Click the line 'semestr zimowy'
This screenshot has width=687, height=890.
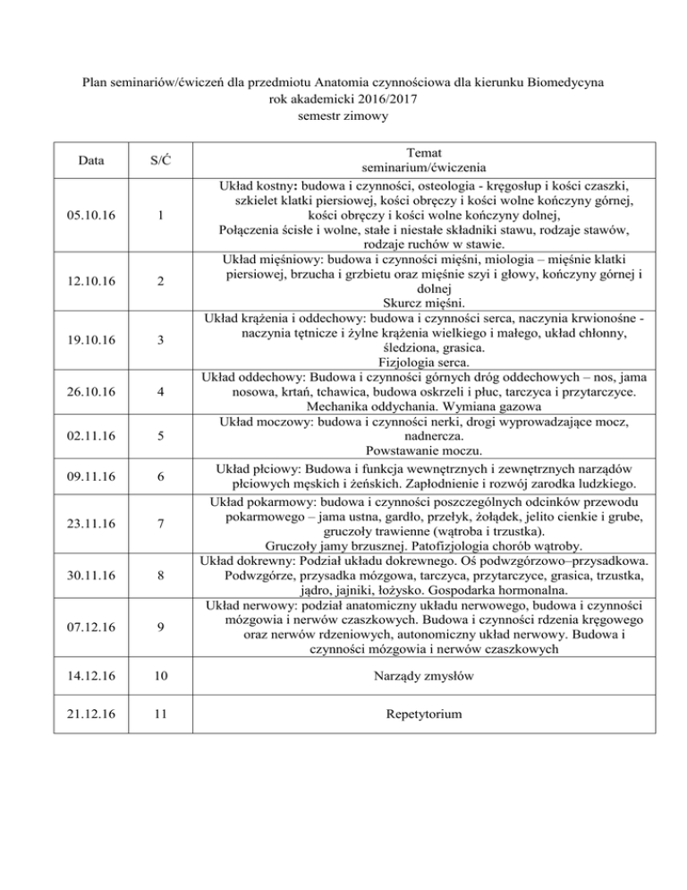point(343,116)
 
